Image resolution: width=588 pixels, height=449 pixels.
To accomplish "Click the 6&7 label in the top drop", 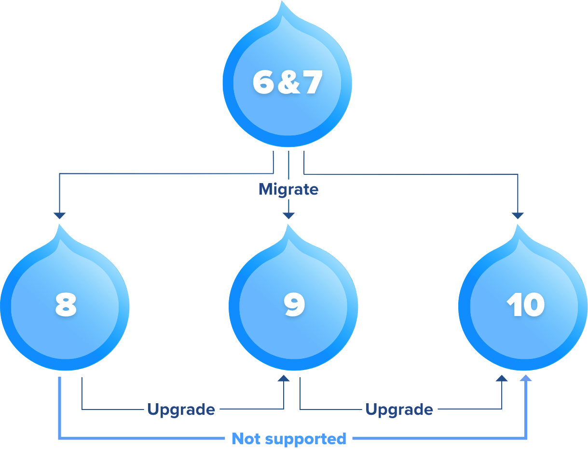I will click(287, 83).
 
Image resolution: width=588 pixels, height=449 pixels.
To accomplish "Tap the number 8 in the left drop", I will click(66, 305).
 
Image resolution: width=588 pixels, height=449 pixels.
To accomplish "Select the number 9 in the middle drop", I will click(294, 305).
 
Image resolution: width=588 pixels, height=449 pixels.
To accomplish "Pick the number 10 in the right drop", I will click(525, 305).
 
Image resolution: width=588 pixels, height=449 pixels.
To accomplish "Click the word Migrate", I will click(288, 189).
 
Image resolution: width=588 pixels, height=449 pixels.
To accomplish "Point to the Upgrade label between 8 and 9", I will click(181, 409).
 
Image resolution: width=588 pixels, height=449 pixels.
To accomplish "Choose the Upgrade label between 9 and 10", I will click(399, 409).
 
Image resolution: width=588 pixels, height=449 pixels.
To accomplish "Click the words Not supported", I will click(288, 439).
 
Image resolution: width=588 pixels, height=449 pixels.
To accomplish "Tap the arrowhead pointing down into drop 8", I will click(59, 215).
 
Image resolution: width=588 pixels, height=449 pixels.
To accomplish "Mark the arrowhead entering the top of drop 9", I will click(288, 215).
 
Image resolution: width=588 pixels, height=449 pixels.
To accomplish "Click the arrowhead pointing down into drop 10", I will click(518, 215).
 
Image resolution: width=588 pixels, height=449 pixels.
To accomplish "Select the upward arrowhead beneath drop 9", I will click(284, 378).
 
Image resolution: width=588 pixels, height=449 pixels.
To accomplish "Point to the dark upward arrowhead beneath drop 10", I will click(502, 378).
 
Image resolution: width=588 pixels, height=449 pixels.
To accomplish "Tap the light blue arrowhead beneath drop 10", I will click(526, 378).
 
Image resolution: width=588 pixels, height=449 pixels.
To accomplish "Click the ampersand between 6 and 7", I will click(288, 83).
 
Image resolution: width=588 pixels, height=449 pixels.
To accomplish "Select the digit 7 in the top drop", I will click(312, 83).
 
